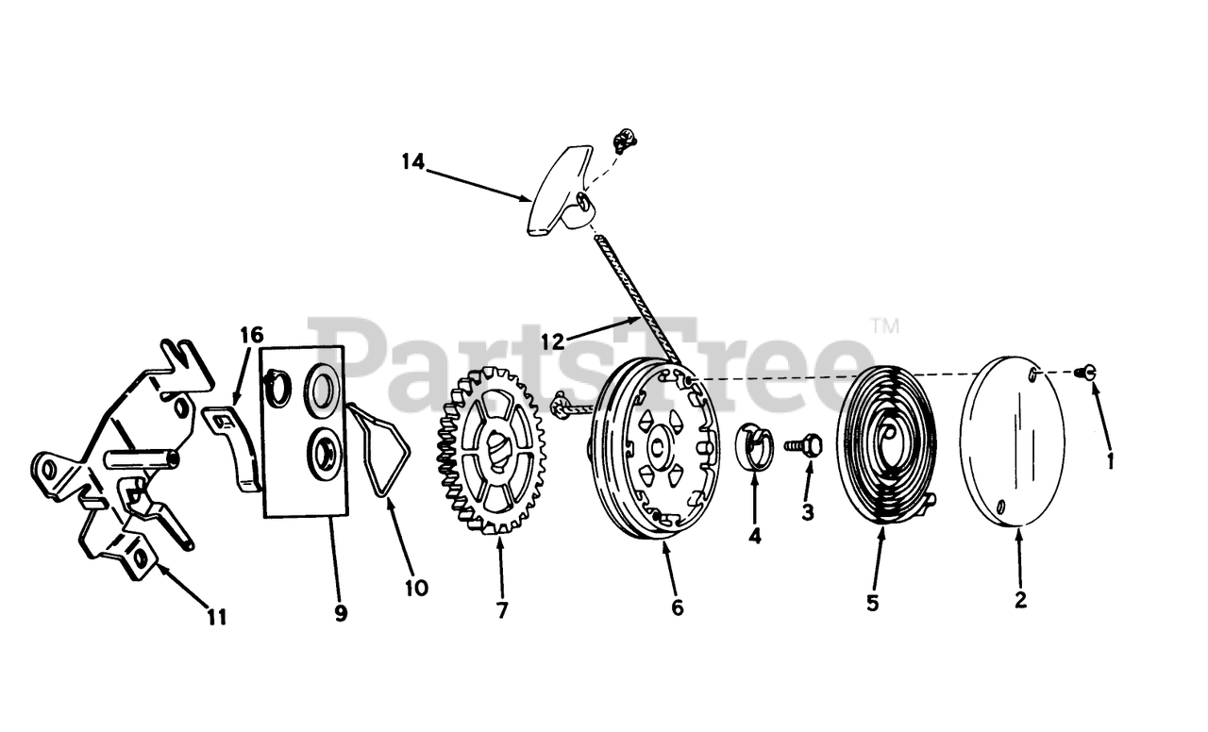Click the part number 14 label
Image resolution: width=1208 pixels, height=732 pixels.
coord(412,161)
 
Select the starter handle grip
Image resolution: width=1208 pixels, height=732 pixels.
coord(558,192)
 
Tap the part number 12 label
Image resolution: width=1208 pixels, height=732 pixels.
coord(554,337)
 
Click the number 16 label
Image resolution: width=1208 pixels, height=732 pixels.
coord(251,336)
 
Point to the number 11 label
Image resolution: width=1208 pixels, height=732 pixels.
coord(217,618)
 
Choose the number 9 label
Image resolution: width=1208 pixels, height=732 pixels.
coord(341,613)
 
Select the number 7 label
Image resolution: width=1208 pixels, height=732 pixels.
coord(502,610)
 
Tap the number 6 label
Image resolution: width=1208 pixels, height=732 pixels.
coord(677,608)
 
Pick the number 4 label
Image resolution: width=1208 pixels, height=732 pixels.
coord(754,536)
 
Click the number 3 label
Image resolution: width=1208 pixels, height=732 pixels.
coord(807,512)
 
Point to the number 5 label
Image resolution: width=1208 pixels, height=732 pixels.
coord(872,603)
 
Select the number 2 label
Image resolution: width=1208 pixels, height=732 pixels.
coord(1020,599)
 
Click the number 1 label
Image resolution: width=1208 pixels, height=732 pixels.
coord(1110,461)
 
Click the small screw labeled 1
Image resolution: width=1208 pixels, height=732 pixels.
coord(1087,373)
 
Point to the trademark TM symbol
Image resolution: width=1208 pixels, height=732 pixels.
coord(884,327)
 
